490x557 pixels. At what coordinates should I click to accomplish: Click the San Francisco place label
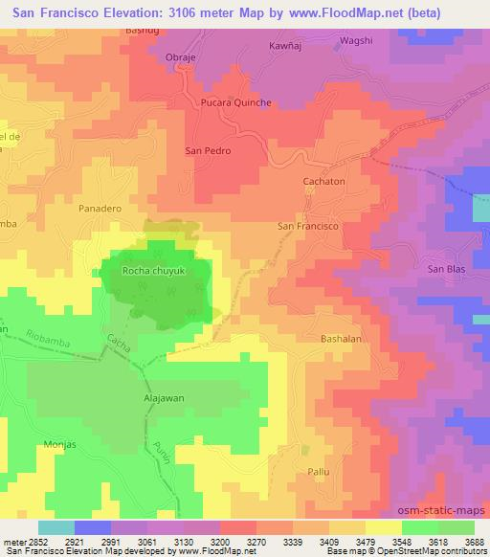(x=308, y=226)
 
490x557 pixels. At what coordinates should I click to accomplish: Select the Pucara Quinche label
(x=235, y=102)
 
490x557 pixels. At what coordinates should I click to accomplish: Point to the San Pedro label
(x=208, y=150)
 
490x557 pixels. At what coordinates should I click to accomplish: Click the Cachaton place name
(x=325, y=179)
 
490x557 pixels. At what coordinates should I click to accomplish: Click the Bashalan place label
(x=342, y=339)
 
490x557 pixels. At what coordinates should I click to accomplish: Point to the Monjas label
(x=60, y=445)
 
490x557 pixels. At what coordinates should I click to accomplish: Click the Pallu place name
(x=318, y=472)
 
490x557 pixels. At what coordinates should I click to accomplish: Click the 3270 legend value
(x=256, y=543)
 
